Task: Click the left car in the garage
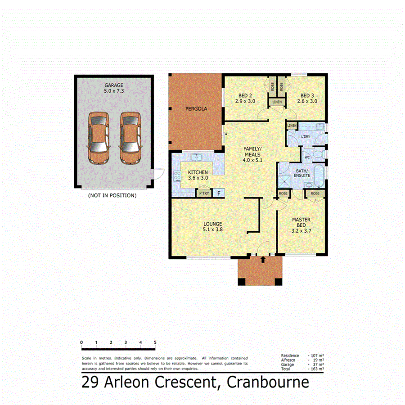(99, 138)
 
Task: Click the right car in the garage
(130, 138)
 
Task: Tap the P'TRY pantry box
(204, 193)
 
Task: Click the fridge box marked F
(219, 193)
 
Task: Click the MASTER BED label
(301, 223)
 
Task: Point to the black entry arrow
(263, 259)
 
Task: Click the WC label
(306, 157)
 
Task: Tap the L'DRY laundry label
(306, 136)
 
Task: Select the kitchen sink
(196, 157)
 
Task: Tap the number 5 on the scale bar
(155, 342)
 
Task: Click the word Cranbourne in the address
(268, 382)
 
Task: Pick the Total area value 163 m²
(317, 369)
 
